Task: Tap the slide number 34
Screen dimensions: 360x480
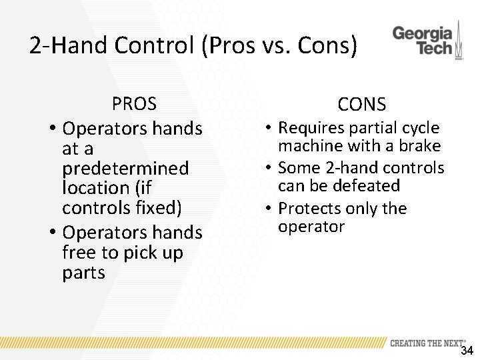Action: (x=467, y=351)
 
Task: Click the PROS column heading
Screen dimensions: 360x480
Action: (x=134, y=104)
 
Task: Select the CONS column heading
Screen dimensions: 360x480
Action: (x=361, y=104)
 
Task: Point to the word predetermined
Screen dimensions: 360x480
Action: (x=125, y=168)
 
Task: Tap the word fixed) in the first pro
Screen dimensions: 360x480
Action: (x=159, y=208)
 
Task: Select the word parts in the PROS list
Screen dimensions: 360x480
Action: (x=83, y=273)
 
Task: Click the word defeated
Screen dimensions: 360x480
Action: (x=367, y=185)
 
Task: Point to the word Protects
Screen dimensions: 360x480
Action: (x=311, y=209)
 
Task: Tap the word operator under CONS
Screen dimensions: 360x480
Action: (x=311, y=227)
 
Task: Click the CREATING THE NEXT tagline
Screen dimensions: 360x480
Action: (x=427, y=343)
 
